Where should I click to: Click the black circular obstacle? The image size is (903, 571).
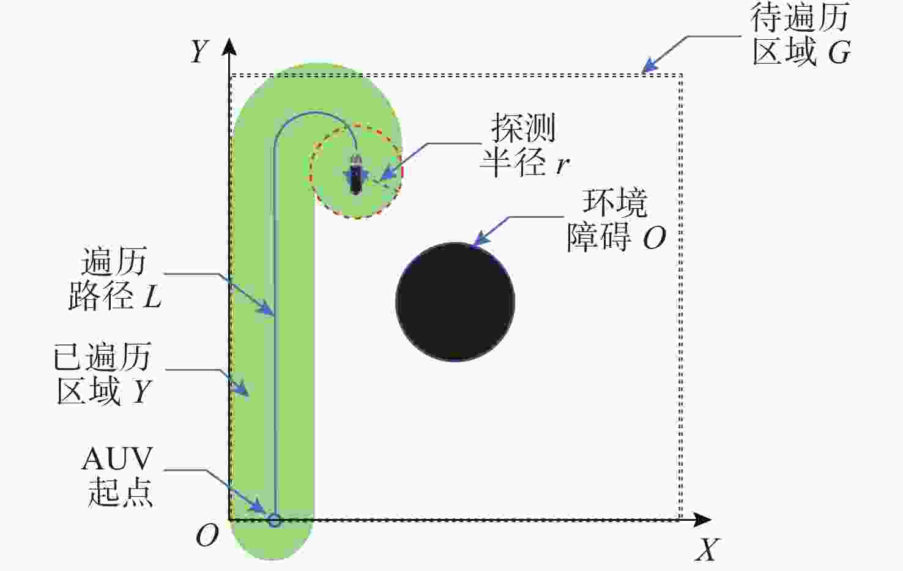point(455,302)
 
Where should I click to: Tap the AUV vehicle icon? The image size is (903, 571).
point(355,175)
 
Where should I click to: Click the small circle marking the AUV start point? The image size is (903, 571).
point(275,521)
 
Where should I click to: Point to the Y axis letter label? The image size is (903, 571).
point(199,52)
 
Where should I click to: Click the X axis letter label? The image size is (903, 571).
point(707,549)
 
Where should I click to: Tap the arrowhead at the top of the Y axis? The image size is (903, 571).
point(229,47)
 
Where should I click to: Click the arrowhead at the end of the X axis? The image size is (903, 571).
point(702,520)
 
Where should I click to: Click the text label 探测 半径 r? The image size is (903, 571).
point(524,144)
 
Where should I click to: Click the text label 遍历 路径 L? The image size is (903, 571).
point(115,278)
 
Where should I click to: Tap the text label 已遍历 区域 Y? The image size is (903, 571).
point(103,373)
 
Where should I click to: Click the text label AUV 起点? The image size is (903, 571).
point(117,476)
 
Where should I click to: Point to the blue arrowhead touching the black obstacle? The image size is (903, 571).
point(480,239)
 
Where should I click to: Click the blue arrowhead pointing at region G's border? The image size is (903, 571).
point(650,66)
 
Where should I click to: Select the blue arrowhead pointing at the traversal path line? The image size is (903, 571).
point(266,308)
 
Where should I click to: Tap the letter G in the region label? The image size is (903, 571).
point(839,53)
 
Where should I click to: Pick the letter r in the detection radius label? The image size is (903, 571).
point(563,165)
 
